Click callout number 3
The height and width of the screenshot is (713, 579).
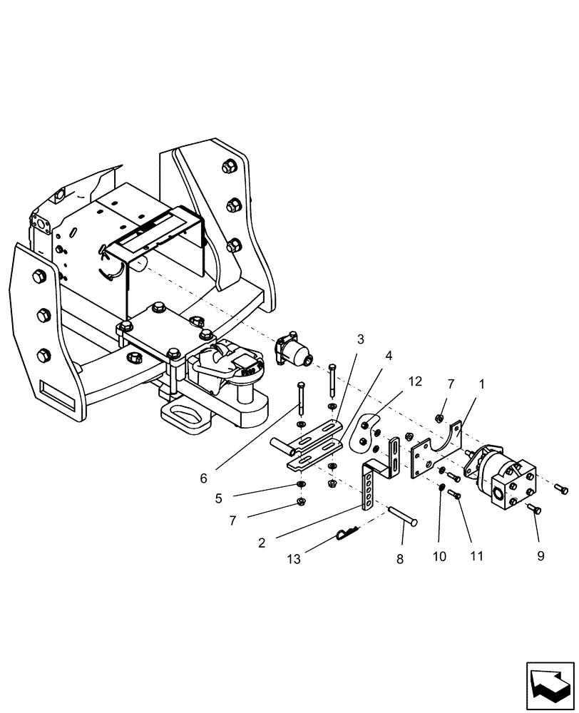pyautogui.click(x=361, y=339)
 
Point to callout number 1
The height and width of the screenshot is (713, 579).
pyautogui.click(x=482, y=384)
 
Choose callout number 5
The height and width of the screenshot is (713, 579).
pyautogui.click(x=220, y=498)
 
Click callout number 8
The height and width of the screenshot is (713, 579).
pyautogui.click(x=399, y=560)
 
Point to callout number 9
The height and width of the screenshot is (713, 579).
pyautogui.click(x=540, y=554)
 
